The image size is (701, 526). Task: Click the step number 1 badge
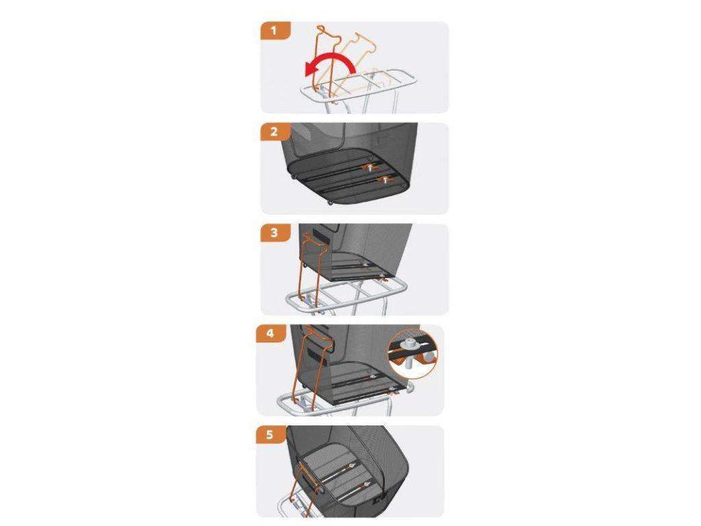275,31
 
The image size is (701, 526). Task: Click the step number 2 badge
275,132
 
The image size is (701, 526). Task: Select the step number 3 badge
275,233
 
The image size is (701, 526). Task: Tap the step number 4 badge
270,334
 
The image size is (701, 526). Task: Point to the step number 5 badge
270,435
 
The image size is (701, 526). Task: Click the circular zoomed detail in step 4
413,354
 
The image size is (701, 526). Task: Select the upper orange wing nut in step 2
370,168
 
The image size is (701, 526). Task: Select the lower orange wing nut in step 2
384,181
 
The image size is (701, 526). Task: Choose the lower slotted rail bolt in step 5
367,484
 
